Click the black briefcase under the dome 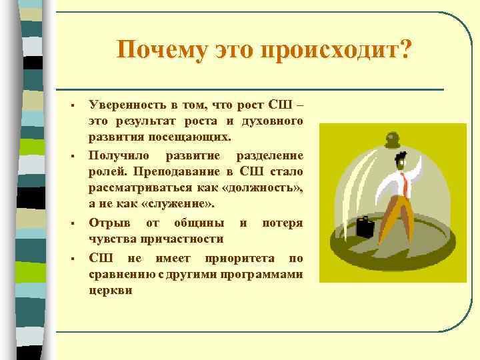pyautogui.click(x=365, y=227)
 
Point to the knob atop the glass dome pyautogui.click(x=393, y=138)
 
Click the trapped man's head pyautogui.click(x=402, y=161)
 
